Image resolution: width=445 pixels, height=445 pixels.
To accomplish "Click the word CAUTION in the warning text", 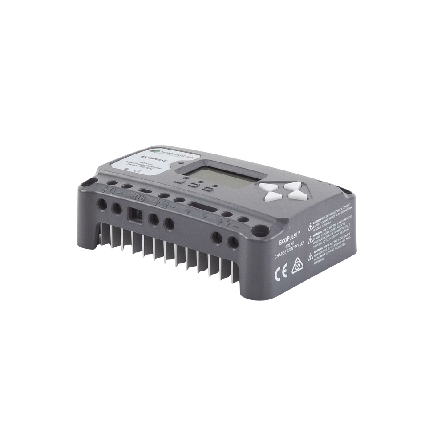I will tap(321, 220).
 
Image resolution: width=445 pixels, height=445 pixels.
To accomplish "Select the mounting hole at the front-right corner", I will tap(259, 232).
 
